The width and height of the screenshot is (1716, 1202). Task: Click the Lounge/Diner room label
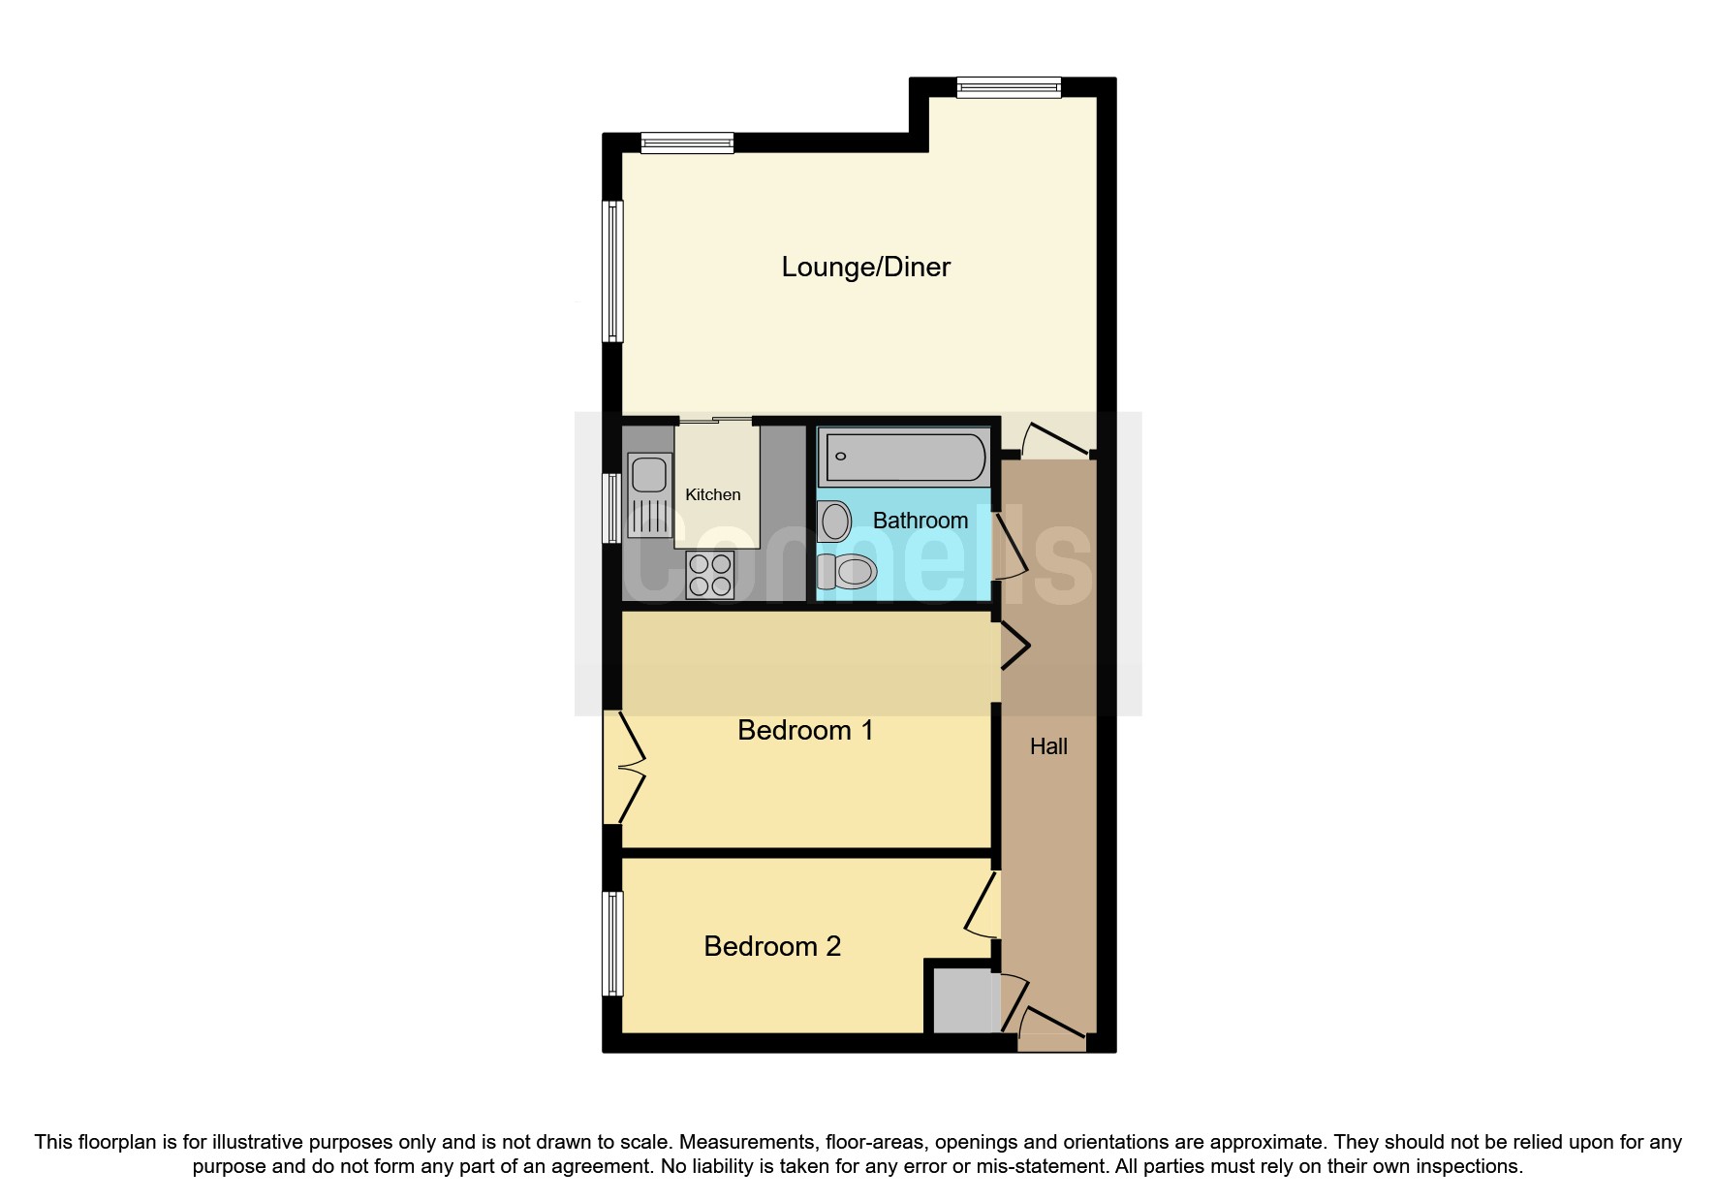click(x=865, y=267)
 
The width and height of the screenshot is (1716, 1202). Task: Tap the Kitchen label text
click(x=712, y=494)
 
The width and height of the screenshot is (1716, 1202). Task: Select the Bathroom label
click(x=920, y=521)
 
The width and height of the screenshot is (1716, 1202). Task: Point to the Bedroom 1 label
click(x=805, y=730)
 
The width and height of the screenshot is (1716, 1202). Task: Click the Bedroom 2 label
click(x=772, y=946)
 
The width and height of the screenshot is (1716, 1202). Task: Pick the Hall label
click(x=1048, y=746)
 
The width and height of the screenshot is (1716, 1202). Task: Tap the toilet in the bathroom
click(x=848, y=572)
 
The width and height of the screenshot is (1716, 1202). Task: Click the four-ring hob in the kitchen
click(x=709, y=574)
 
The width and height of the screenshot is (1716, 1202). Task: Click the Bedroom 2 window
click(x=612, y=943)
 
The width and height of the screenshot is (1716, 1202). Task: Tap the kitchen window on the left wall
click(x=612, y=507)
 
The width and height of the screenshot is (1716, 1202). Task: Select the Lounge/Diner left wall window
click(x=612, y=270)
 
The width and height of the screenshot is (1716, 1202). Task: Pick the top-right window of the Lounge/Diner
click(x=1008, y=88)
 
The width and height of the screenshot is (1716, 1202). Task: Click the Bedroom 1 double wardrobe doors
click(x=624, y=767)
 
